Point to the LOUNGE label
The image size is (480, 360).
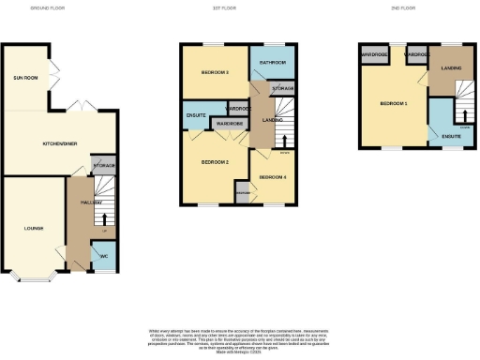[33, 228]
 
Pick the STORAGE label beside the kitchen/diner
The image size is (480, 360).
[104, 166]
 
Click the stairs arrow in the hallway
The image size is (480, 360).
[104, 218]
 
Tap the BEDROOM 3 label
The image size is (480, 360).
[215, 72]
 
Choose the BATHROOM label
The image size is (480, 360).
[273, 62]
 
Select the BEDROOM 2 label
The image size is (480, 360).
[215, 162]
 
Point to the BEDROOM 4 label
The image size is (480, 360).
[272, 177]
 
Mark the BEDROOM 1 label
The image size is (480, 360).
[393, 103]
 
